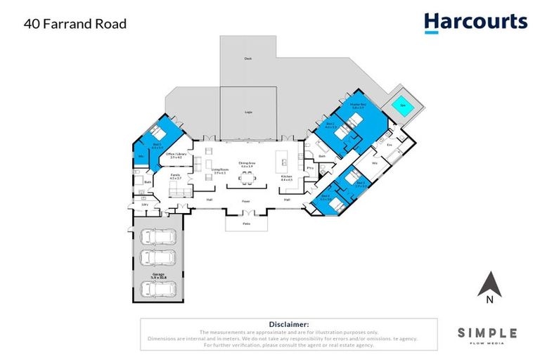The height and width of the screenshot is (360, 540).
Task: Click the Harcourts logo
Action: [x=475, y=22]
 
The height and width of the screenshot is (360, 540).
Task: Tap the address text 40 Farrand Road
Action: [x=75, y=24]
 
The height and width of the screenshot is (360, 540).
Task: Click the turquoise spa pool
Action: [x=402, y=105]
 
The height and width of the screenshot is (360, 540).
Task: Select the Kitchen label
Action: [x=286, y=176]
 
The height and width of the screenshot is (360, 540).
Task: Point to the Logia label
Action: [x=248, y=112]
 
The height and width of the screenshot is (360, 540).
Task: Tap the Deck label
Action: [x=247, y=59]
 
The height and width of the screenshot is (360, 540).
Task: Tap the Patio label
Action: [x=246, y=223]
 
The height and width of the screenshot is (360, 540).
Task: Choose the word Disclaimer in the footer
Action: [x=289, y=325]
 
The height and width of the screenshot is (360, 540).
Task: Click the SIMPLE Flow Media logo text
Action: [x=487, y=333]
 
